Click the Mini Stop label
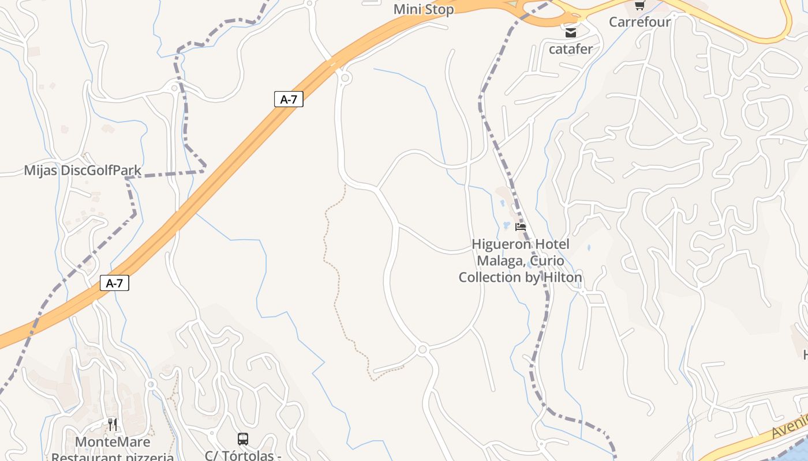coord(423,9)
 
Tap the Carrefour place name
coord(639,22)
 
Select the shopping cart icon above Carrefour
coord(639,6)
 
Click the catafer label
coord(570,49)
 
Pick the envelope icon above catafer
coord(571,33)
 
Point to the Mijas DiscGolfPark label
coord(83,171)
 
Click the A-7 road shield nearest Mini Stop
coord(289,99)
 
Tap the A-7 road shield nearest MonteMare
coord(114,283)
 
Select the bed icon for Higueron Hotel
coord(521,227)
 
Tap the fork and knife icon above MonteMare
coord(113,425)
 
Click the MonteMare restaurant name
coord(113,442)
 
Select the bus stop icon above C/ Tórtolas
coord(243,439)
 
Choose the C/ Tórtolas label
coord(243,456)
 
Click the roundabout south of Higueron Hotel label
coord(422,349)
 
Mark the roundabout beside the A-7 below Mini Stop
coord(345,77)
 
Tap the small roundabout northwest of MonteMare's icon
coord(151,384)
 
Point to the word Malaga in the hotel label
coord(499,261)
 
